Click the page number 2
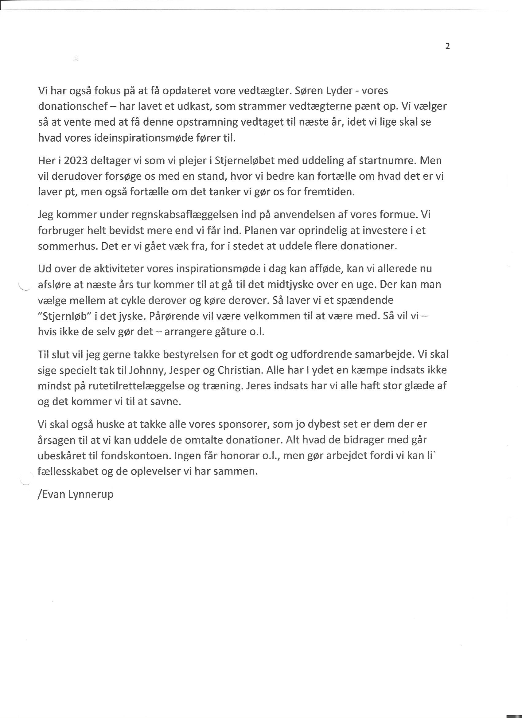[x=447, y=47]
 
